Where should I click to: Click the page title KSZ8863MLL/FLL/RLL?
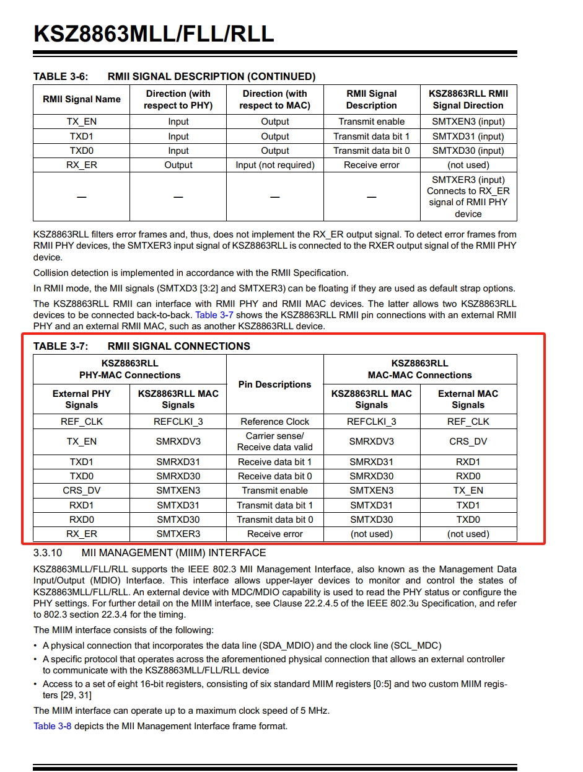154,33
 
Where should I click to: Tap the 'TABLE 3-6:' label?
60,76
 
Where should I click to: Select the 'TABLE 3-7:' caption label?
60,346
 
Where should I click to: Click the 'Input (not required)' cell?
275,165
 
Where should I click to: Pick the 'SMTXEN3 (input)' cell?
468,122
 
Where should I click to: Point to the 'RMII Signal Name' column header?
82,99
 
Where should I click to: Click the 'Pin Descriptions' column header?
275,384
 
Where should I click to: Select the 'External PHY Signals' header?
82,399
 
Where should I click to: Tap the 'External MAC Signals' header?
468,399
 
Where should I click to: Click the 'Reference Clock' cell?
275,422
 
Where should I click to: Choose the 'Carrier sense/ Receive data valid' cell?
275,441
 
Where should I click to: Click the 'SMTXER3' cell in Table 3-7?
178,534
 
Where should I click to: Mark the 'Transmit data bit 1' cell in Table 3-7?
275,505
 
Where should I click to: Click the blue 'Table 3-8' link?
52,725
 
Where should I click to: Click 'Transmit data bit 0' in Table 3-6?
372,151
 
